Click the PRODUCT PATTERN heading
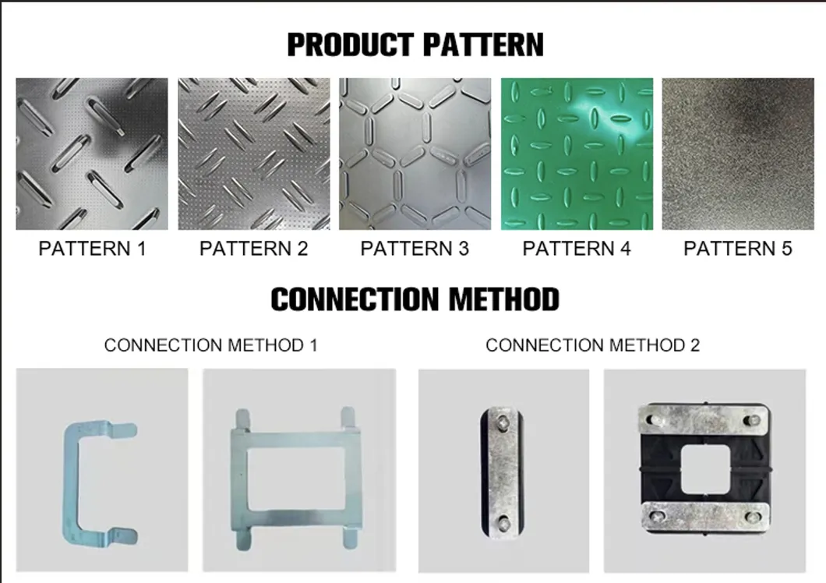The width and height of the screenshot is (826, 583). (415, 44)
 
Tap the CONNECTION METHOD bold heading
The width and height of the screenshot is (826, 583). (415, 299)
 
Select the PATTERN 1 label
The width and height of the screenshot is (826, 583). (92, 249)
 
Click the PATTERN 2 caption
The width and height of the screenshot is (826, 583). (253, 249)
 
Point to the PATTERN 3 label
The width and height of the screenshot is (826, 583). (415, 249)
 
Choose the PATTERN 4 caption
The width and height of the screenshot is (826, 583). (577, 249)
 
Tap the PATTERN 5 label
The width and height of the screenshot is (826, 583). (737, 249)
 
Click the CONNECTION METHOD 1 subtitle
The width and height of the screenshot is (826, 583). (210, 345)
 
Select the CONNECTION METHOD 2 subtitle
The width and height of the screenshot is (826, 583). (593, 345)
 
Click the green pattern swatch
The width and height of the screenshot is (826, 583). (577, 154)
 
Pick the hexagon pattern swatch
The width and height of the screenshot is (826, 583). (415, 154)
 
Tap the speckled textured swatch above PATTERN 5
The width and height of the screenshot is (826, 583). (738, 154)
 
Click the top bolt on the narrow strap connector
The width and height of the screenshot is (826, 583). (503, 422)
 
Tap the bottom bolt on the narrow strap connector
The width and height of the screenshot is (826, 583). (503, 524)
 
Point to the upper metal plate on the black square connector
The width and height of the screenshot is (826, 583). (704, 419)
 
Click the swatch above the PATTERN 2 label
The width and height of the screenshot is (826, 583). (254, 154)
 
